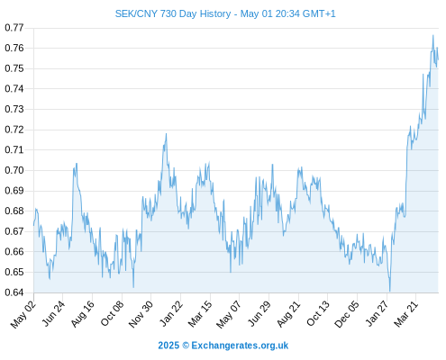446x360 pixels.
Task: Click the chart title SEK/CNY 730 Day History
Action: pos(173,13)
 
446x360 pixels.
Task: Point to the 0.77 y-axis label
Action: pos(14,28)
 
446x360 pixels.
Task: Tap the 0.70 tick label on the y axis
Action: pos(14,170)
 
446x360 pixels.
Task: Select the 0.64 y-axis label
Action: pos(14,292)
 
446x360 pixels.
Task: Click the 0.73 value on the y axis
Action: pos(14,109)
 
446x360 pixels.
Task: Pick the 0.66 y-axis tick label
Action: pos(14,252)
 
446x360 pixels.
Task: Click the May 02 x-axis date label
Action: pos(23,314)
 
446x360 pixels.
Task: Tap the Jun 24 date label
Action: pos(53,314)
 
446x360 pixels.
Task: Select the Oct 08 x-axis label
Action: pos(112,314)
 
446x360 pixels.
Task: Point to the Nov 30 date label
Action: pos(141,314)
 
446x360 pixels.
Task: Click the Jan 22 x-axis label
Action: pos(171,314)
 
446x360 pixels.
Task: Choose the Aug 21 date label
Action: pos(288,314)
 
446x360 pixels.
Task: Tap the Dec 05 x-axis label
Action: pos(347,314)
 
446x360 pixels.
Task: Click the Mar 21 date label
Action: pos(406,314)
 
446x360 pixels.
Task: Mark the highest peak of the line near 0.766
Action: pos(432,35)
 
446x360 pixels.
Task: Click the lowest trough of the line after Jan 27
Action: pos(390,291)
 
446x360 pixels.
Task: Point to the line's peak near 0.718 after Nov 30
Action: pos(166,134)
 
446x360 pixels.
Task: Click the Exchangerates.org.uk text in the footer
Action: pos(240,346)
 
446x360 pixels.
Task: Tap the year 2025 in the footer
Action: pos(168,346)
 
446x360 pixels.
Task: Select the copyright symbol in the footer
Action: pos(186,346)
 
